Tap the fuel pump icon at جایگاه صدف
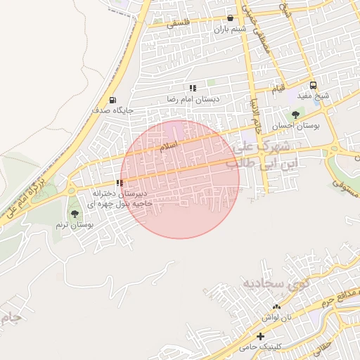[x=113, y=100]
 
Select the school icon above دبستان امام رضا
[x=192, y=89]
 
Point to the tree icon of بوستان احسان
[x=295, y=115]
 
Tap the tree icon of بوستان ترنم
[x=75, y=214]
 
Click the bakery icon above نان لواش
[x=276, y=307]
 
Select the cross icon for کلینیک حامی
[x=261, y=337]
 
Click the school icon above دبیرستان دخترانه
[x=119, y=183]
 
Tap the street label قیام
[x=279, y=89]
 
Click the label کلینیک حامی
[x=259, y=347]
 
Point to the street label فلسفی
[x=179, y=22]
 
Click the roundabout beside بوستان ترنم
[x=70, y=191]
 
